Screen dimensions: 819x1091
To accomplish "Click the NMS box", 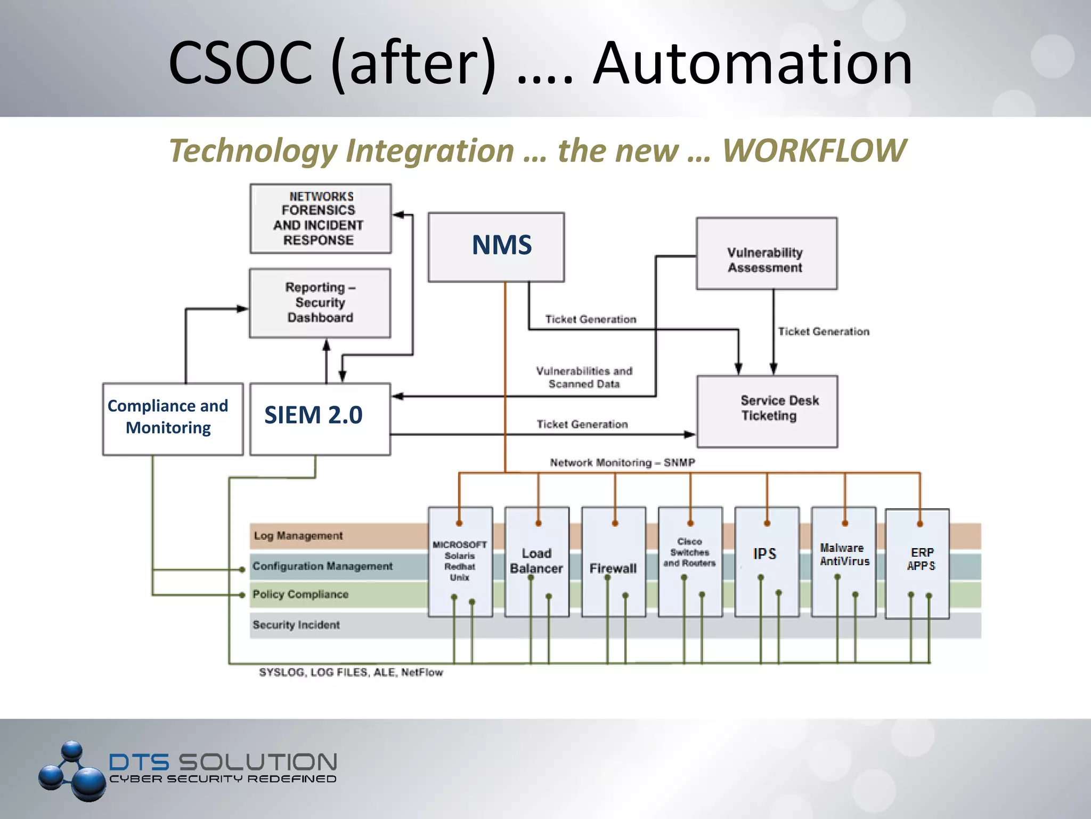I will point(496,247).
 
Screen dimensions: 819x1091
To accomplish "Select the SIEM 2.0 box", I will point(320,419).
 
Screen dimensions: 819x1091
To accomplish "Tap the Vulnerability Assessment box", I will point(766,254).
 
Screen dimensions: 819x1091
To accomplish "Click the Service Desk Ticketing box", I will point(767,411).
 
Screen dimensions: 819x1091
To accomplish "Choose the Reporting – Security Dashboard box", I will point(320,303).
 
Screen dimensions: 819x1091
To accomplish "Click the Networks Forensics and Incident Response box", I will point(320,219).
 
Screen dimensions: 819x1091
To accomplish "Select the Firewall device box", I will point(613,562).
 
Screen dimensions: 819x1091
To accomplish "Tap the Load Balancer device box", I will point(536,562).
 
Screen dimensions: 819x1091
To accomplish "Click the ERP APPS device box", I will point(917,563).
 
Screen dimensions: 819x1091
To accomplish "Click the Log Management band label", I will point(298,536).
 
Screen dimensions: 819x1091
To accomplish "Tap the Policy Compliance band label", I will point(300,595).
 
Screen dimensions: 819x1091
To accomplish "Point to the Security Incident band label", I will point(296,625).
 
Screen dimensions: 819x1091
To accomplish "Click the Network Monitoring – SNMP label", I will point(622,463).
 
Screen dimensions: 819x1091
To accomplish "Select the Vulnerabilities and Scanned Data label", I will point(584,378).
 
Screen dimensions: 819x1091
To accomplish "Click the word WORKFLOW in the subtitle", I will point(813,151).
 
